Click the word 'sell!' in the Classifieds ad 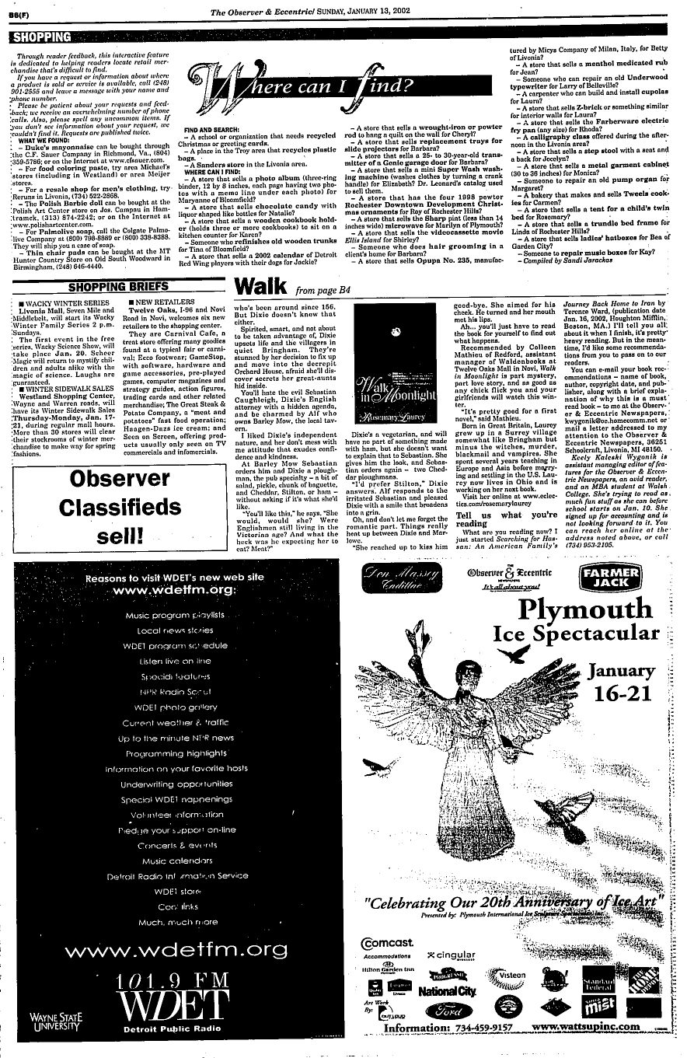pos(120,535)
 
